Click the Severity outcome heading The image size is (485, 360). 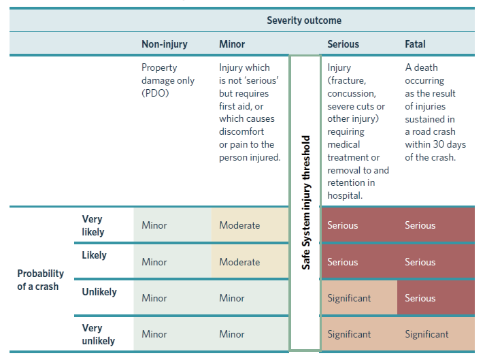click(x=304, y=20)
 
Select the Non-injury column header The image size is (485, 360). click(x=165, y=44)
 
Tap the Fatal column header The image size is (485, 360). click(x=415, y=44)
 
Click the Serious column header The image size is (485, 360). click(x=343, y=44)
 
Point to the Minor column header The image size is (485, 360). click(x=232, y=44)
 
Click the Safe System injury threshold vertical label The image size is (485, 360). click(x=305, y=202)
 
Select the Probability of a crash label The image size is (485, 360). click(x=41, y=280)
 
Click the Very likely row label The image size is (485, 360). click(x=93, y=225)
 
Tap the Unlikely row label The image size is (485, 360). click(x=99, y=292)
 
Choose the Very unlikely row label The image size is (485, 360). click(x=99, y=334)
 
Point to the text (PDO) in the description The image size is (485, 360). click(x=155, y=93)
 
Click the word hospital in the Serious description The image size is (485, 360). click(x=344, y=195)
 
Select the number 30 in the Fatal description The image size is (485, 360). click(x=438, y=144)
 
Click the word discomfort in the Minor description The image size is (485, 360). click(x=241, y=131)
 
